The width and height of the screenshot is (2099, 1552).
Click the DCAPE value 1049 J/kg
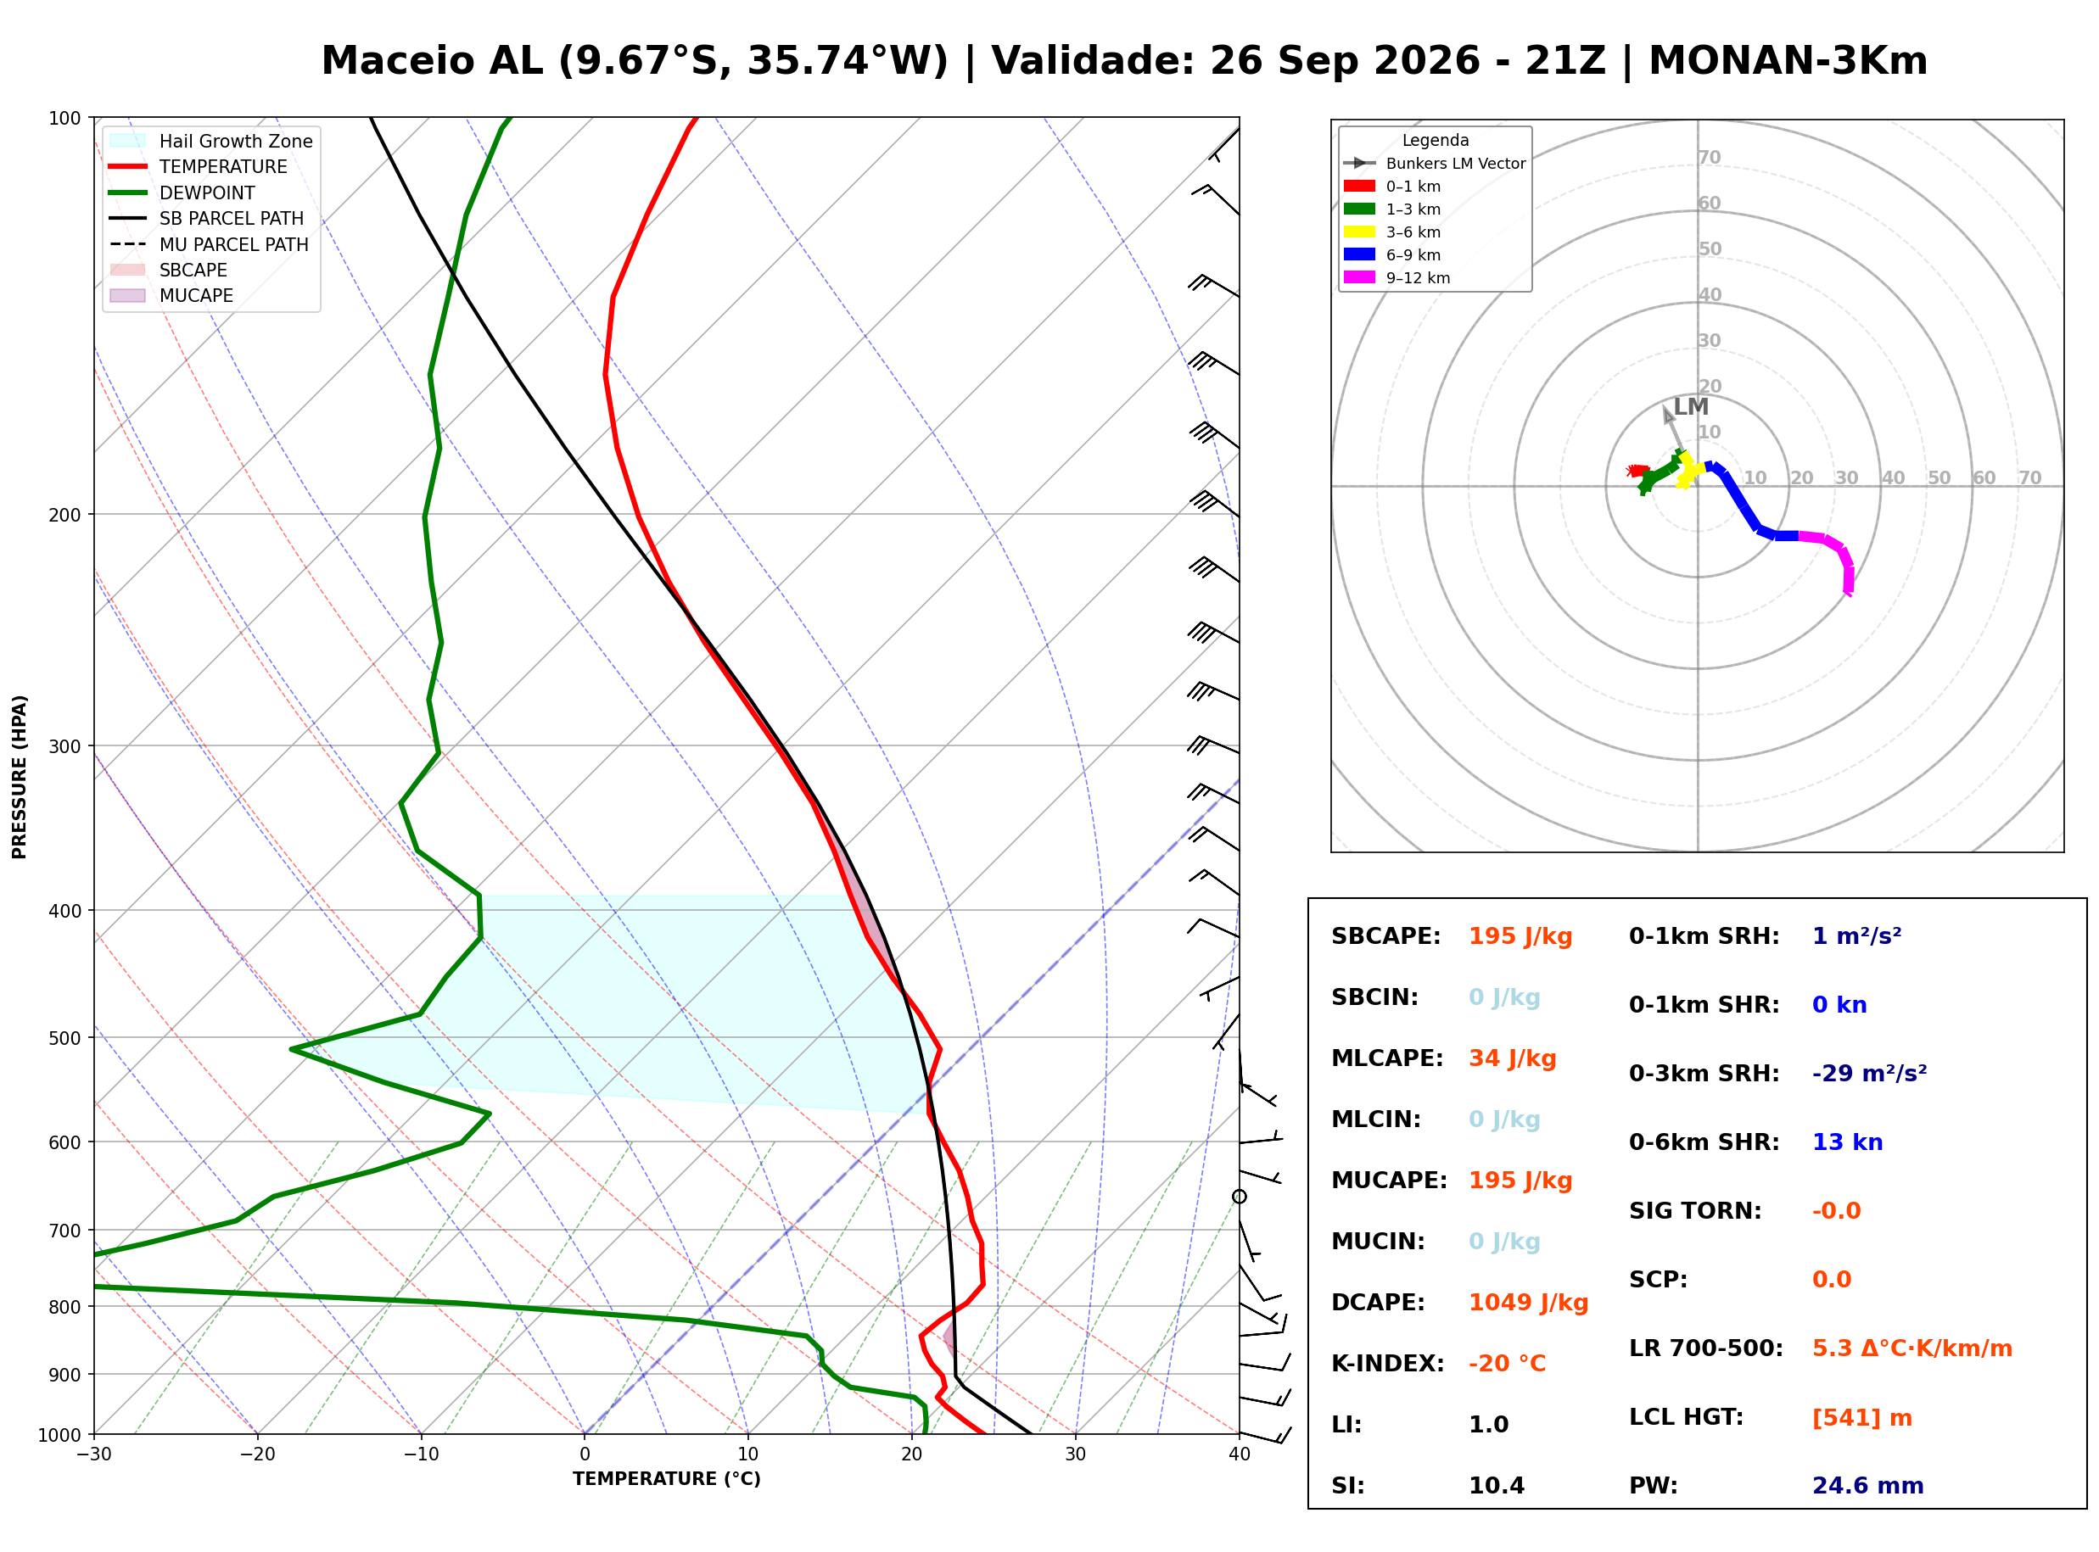(x=1528, y=1303)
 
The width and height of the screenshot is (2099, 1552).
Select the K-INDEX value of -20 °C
(x=1506, y=1364)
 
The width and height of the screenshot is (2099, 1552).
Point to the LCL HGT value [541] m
(x=1861, y=1418)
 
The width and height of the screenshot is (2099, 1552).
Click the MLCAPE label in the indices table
(x=1387, y=1058)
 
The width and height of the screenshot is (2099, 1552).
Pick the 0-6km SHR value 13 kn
(x=1847, y=1142)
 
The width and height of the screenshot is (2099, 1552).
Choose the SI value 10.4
(x=1497, y=1486)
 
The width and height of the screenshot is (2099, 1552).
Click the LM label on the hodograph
(x=1690, y=407)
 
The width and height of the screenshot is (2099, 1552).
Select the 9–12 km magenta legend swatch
(x=1358, y=277)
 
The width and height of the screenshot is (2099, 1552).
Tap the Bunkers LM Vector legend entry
(x=1435, y=164)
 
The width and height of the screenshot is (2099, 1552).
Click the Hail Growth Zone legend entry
(x=211, y=141)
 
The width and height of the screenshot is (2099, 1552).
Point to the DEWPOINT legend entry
(x=182, y=193)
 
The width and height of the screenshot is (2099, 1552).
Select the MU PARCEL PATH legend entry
(x=209, y=244)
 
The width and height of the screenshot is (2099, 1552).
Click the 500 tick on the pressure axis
(x=64, y=1038)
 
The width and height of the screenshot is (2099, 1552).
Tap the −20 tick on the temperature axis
(x=257, y=1454)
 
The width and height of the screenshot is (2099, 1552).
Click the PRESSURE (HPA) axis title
(x=20, y=776)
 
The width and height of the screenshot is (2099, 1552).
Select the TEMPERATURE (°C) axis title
(x=667, y=1479)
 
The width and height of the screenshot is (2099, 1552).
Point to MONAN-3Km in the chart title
(x=1788, y=61)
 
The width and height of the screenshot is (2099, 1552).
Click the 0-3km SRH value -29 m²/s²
(x=1869, y=1073)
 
